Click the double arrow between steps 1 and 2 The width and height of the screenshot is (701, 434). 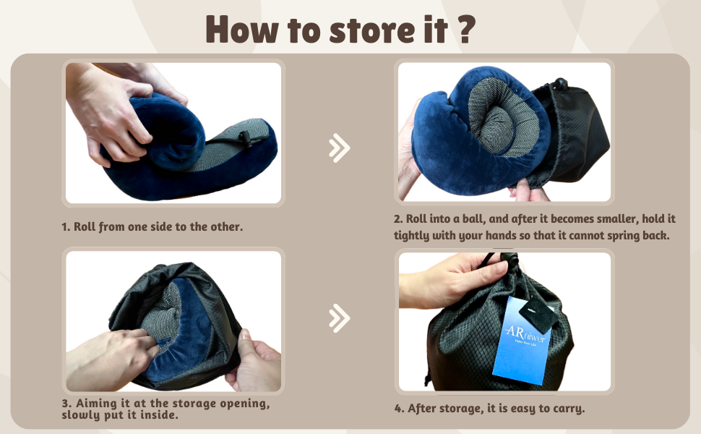[x=338, y=148]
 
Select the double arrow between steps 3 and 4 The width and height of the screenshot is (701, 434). [x=338, y=318]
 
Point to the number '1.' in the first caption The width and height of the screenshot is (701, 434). [x=66, y=226]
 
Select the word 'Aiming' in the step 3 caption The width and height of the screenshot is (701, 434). [x=96, y=404]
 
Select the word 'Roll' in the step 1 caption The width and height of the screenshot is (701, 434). [x=85, y=226]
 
